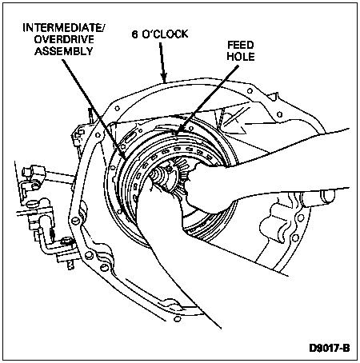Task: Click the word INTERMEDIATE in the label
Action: tap(62, 28)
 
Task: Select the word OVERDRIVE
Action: tap(64, 39)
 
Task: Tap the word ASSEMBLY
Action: tap(63, 50)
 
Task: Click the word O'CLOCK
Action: tap(165, 34)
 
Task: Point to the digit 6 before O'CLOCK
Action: tap(136, 34)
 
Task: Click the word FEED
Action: tap(241, 45)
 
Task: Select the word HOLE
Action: tap(241, 56)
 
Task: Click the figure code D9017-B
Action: tap(330, 348)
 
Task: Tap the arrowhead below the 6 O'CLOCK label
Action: tap(164, 77)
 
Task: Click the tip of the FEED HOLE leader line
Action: tap(176, 133)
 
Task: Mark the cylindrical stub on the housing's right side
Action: tap(326, 197)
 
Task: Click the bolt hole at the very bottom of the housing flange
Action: tap(176, 319)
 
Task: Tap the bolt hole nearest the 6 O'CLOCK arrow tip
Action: tap(117, 109)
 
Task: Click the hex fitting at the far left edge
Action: tap(29, 170)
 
